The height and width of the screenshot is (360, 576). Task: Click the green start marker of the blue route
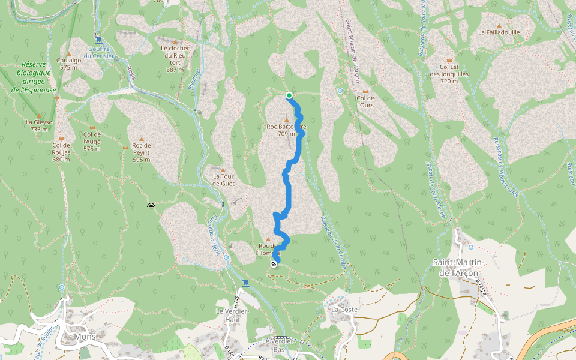289,95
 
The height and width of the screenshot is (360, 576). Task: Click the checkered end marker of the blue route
274,263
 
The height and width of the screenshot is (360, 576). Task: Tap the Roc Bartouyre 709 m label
286,130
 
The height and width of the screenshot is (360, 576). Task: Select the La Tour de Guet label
224,180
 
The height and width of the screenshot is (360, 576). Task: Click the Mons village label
85,337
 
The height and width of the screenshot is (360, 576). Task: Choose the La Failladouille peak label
499,32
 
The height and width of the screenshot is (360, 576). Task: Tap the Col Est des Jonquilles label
454,74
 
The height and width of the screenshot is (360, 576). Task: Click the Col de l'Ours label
365,101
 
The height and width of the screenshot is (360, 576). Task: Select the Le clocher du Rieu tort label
175,58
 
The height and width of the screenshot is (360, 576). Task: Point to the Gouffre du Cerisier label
99,52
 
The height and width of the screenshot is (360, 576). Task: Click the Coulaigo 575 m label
69,64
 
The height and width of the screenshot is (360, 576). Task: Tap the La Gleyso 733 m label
39,125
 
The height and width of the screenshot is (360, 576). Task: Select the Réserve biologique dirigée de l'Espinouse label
34,77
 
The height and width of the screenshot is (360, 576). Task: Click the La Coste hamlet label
344,310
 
